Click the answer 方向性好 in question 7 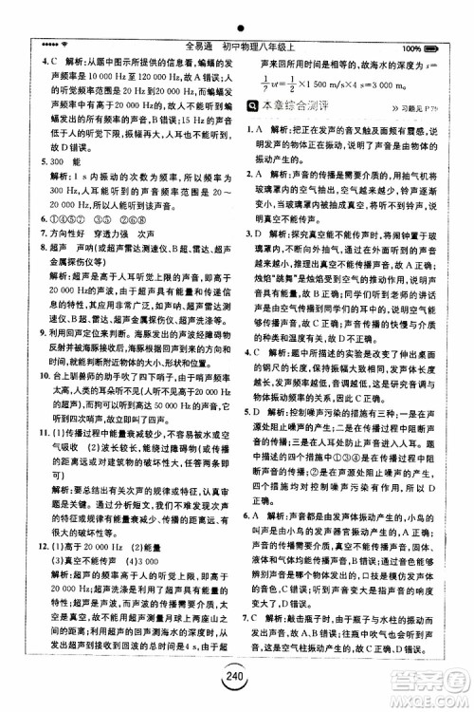(57, 245)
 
